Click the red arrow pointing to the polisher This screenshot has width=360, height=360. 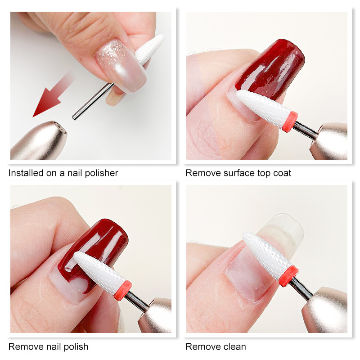point(52,95)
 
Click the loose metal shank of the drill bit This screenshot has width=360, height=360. point(93,101)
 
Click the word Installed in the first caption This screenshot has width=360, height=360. point(26,173)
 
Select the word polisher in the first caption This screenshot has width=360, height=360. point(101,173)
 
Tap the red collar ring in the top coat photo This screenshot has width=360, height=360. point(290,121)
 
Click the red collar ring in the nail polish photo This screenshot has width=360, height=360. point(123,290)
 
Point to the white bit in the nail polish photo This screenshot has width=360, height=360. point(99,271)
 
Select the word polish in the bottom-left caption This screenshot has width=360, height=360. point(76,346)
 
